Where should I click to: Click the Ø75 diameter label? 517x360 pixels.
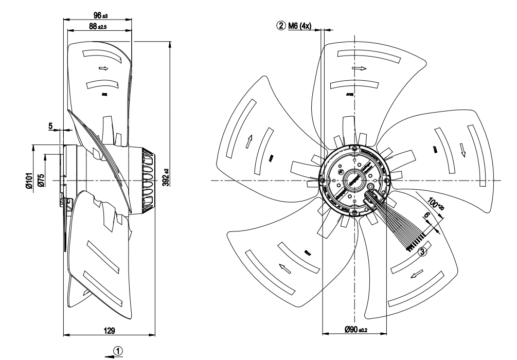41,181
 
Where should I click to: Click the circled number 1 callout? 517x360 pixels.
119,350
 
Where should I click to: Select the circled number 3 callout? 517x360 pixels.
422,252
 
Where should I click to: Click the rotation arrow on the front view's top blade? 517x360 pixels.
358,67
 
